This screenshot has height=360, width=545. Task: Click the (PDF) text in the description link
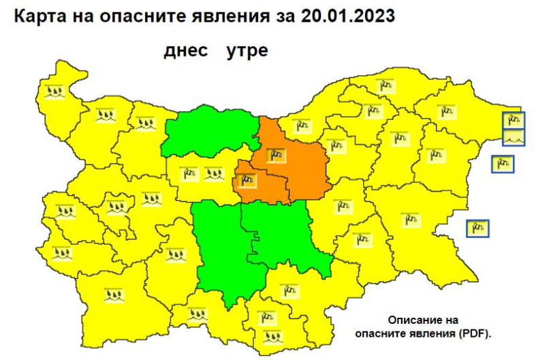pyautogui.click(x=471, y=333)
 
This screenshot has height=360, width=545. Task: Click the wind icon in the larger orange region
pyautogui.click(x=276, y=155)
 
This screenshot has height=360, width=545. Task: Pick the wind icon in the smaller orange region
pyautogui.click(x=246, y=181)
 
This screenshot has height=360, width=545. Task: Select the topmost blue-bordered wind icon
pyautogui.click(x=514, y=120)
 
